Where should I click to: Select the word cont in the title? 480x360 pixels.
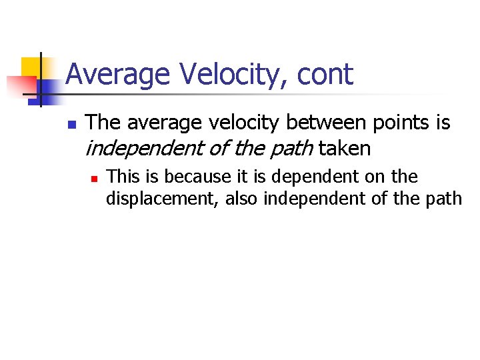click(x=325, y=74)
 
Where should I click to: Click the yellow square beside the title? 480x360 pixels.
click(x=31, y=67)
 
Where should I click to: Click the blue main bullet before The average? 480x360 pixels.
click(x=72, y=125)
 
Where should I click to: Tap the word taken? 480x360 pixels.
click(x=344, y=148)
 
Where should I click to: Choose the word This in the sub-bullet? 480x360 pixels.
click(x=121, y=177)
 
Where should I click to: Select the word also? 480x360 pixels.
click(x=241, y=199)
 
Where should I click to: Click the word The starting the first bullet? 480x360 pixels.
click(x=103, y=123)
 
